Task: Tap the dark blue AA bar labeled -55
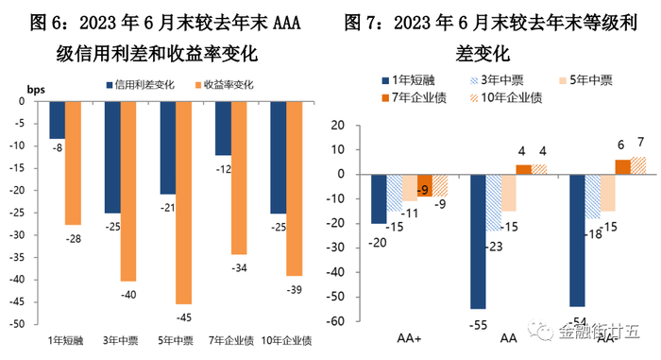[x=478, y=241]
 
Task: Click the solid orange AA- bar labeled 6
[x=596, y=167]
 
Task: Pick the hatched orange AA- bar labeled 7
[x=613, y=165]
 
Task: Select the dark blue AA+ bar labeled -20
[x=379, y=198]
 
